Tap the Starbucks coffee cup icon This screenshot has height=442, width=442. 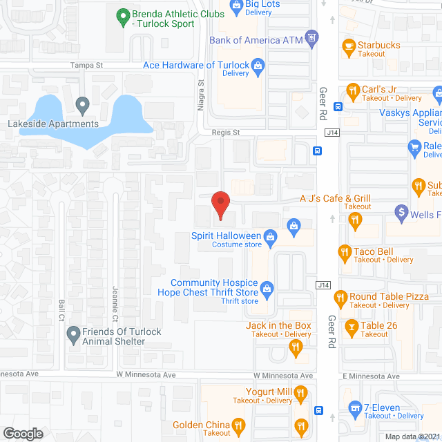pyautogui.click(x=349, y=48)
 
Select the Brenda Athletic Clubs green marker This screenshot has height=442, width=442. pyautogui.click(x=122, y=15)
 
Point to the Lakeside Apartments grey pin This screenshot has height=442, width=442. pyautogui.click(x=82, y=106)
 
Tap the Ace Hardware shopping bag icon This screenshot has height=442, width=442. pyautogui.click(x=259, y=66)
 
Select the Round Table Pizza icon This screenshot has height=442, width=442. pyautogui.click(x=340, y=298)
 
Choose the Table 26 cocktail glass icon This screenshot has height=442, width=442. pyautogui.click(x=351, y=327)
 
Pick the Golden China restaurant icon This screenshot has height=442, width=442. pyautogui.click(x=238, y=425)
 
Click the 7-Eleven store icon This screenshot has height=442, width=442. pyautogui.click(x=355, y=409)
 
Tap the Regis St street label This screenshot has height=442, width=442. pyautogui.click(x=225, y=133)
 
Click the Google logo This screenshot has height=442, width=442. pyautogui.click(x=23, y=433)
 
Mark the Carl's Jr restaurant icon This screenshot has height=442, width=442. pyautogui.click(x=352, y=90)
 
